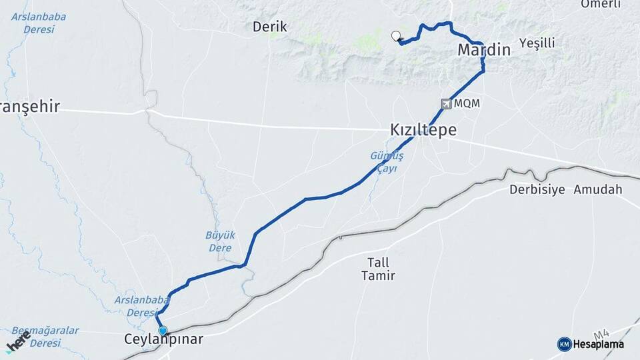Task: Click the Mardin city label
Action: point(483,50)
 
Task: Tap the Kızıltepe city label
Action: point(423,130)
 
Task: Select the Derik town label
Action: point(270,27)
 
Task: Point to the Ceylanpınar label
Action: point(163,339)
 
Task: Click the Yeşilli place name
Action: point(537,43)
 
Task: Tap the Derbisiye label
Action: point(537,189)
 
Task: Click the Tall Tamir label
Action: point(378,269)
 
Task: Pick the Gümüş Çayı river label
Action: point(387,162)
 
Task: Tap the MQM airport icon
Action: point(446,103)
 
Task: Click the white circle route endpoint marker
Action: point(397,37)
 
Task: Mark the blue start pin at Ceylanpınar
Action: point(163,330)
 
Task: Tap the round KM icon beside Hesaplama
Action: point(564,344)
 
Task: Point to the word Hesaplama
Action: point(598,344)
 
